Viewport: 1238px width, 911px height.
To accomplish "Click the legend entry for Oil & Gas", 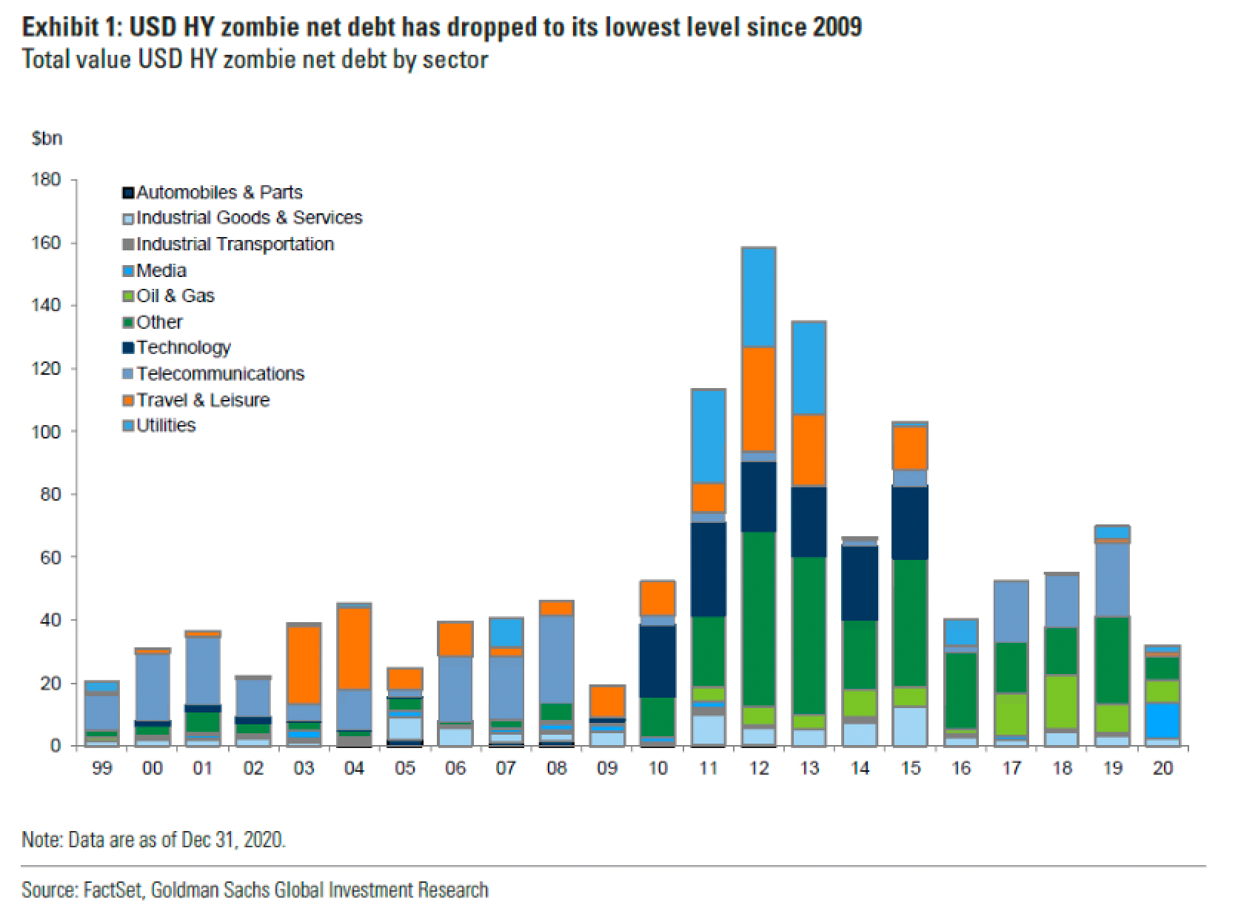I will coord(175,296).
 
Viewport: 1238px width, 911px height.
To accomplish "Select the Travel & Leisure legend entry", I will coord(202,400).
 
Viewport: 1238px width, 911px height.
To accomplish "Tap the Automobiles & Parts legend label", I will coord(218,193).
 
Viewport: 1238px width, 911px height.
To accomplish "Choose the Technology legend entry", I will coord(183,347).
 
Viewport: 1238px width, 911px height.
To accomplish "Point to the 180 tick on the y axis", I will coord(45,180).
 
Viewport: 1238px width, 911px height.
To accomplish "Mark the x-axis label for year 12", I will coord(759,769).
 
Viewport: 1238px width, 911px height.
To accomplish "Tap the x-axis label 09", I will coord(607,769).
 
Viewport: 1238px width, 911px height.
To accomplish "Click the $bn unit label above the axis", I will coord(47,139).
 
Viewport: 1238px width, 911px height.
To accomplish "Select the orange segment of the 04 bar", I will coord(354,648).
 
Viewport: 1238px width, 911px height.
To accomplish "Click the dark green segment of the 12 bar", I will coord(759,618).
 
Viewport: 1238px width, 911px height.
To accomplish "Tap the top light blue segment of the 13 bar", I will coord(809,367).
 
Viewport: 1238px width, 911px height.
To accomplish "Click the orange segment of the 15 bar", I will coord(911,448).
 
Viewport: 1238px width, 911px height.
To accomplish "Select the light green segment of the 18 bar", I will coord(1063,701).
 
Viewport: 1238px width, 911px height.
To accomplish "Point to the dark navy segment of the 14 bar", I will coord(860,584).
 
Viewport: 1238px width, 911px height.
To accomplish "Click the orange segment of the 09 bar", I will coord(607,701).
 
